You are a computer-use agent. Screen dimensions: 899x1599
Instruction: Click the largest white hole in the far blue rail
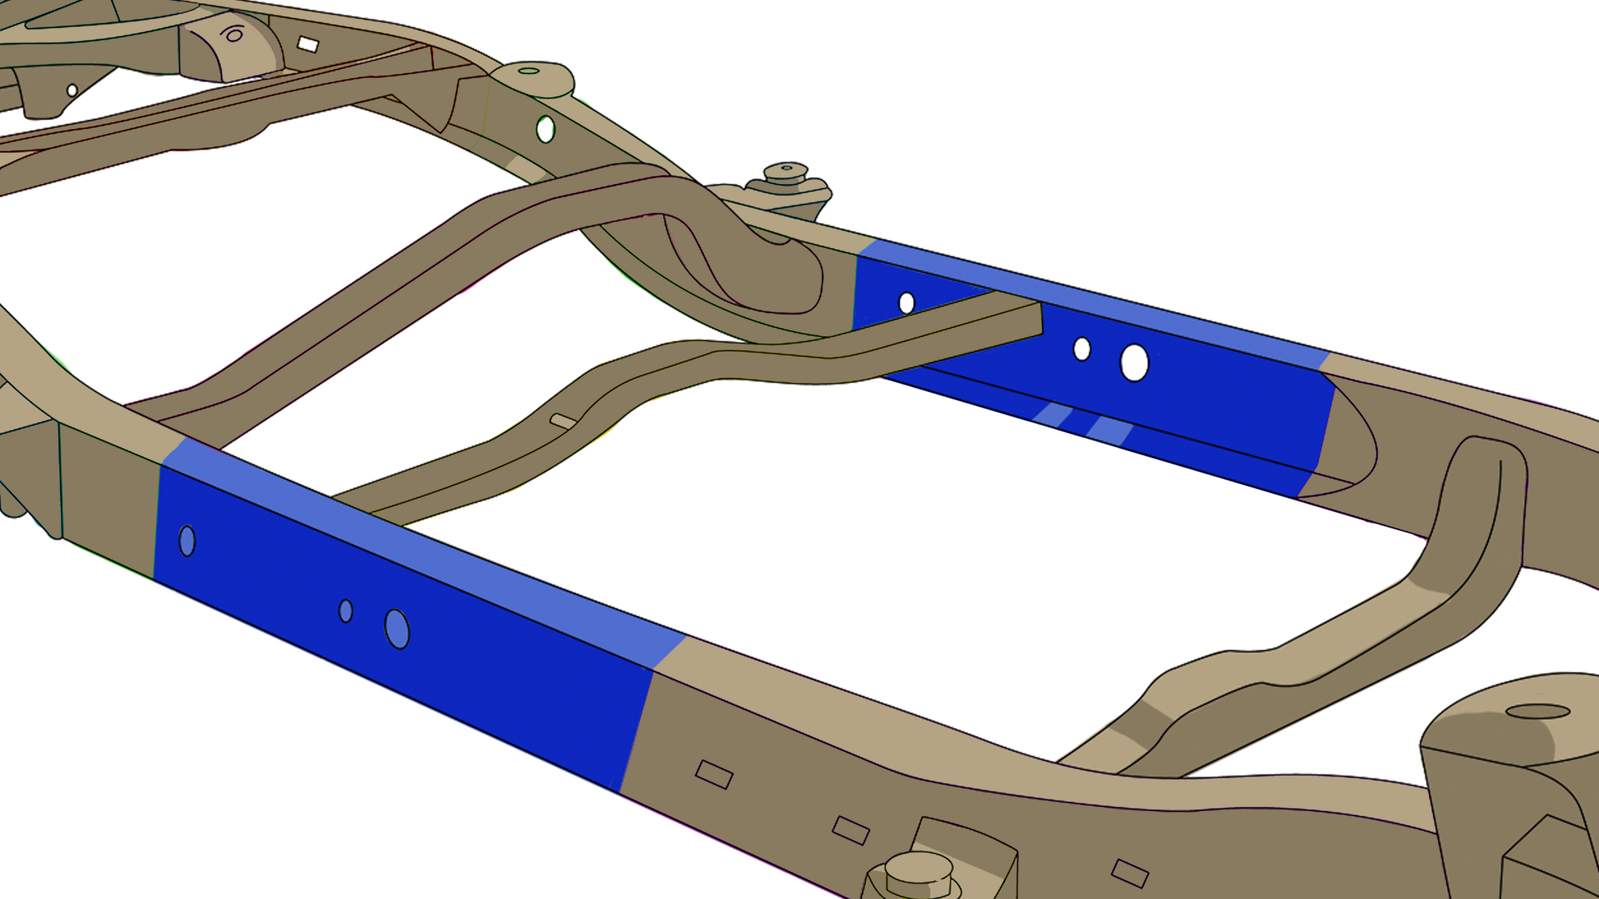click(1134, 362)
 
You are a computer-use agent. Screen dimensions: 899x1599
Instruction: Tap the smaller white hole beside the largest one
click(1081, 349)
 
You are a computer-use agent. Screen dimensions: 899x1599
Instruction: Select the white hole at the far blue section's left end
click(906, 303)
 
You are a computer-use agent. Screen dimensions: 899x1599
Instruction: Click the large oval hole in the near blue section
click(397, 629)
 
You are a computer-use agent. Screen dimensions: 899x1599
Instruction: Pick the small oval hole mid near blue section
click(346, 611)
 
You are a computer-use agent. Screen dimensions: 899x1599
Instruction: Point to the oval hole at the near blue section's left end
click(187, 541)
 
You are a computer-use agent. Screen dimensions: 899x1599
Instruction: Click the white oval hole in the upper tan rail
click(546, 129)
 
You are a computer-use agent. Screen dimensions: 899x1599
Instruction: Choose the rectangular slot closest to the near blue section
click(714, 774)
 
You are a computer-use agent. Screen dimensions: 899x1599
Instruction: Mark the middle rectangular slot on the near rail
click(850, 830)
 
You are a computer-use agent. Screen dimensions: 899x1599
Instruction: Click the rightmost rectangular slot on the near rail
click(1130, 873)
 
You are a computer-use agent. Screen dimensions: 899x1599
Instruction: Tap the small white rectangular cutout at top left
click(308, 44)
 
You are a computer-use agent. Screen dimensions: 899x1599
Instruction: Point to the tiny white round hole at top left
click(72, 90)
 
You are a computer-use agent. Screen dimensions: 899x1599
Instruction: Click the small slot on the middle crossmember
click(563, 422)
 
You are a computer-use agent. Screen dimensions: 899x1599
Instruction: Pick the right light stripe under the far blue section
click(1108, 429)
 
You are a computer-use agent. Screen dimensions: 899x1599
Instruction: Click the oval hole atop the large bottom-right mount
click(1537, 712)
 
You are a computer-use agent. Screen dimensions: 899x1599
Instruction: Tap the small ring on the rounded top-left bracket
click(234, 35)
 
